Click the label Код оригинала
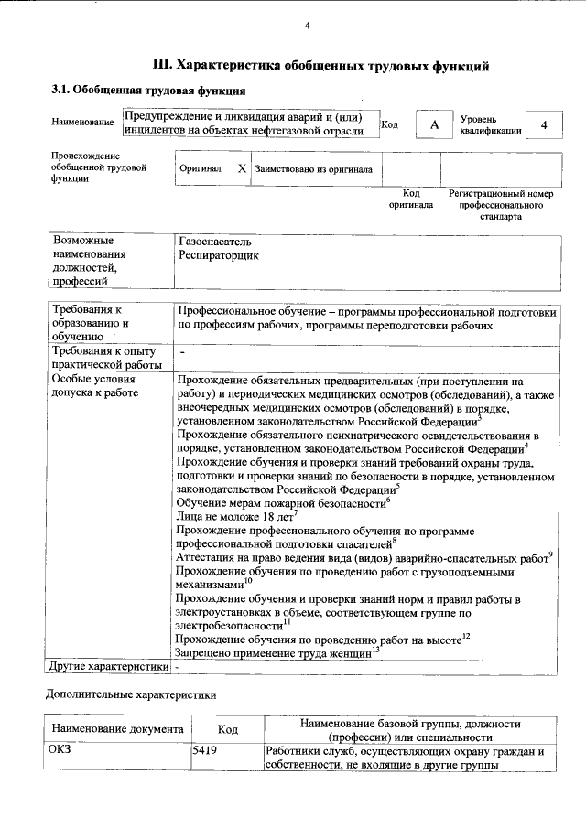tap(411, 199)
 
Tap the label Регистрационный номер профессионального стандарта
tap(501, 206)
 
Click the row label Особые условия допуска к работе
tap(95, 387)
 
